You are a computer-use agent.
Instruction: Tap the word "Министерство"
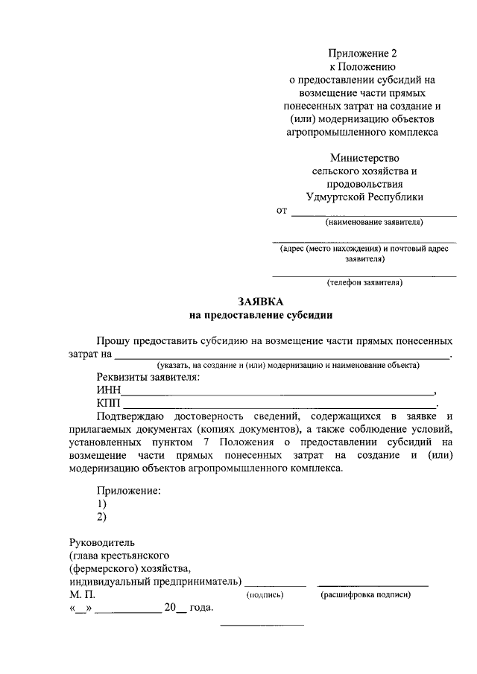click(364, 158)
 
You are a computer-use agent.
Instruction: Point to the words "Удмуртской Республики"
click(364, 197)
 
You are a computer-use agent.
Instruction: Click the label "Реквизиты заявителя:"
click(148, 378)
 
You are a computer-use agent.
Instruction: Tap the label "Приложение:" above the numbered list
click(129, 491)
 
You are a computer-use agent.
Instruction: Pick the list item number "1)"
click(101, 504)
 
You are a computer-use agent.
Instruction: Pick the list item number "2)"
click(101, 517)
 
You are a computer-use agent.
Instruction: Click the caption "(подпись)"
click(265, 596)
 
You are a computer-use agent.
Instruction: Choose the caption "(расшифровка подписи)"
click(365, 596)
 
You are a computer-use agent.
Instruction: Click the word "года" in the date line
click(201, 608)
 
